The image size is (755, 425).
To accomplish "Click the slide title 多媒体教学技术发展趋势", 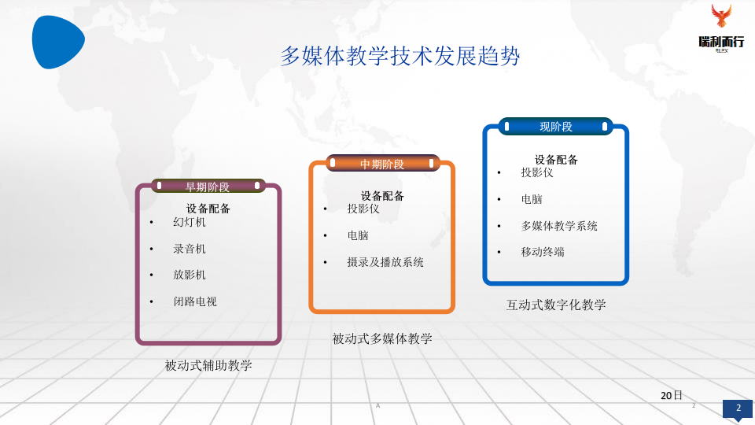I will (x=400, y=57).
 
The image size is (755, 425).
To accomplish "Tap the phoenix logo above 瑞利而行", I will (x=720, y=18).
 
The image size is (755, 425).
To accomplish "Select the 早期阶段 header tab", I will (x=208, y=187).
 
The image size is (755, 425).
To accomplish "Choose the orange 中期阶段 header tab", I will (x=382, y=164).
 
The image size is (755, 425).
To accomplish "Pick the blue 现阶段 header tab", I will (x=555, y=126).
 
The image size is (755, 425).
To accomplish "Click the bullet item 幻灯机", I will (x=190, y=223).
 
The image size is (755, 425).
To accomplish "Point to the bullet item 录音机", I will (x=190, y=249).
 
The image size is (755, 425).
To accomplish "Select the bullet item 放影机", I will (x=190, y=275).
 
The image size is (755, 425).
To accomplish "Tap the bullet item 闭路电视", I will (x=195, y=301).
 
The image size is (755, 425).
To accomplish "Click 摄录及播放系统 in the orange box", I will (x=385, y=262).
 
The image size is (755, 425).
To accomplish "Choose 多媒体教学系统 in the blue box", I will (x=559, y=226).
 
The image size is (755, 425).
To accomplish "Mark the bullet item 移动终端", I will (x=543, y=252).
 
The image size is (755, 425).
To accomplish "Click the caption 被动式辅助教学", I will (x=208, y=366).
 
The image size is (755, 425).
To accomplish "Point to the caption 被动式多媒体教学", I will (x=382, y=339).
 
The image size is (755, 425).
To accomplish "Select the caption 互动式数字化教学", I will (x=556, y=305).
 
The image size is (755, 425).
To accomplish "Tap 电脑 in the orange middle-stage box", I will (x=358, y=235).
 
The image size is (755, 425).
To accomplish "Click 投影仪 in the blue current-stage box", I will (x=537, y=172).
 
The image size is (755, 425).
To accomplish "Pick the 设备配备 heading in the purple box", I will (x=208, y=209).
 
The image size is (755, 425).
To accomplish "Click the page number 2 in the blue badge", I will (x=738, y=408).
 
